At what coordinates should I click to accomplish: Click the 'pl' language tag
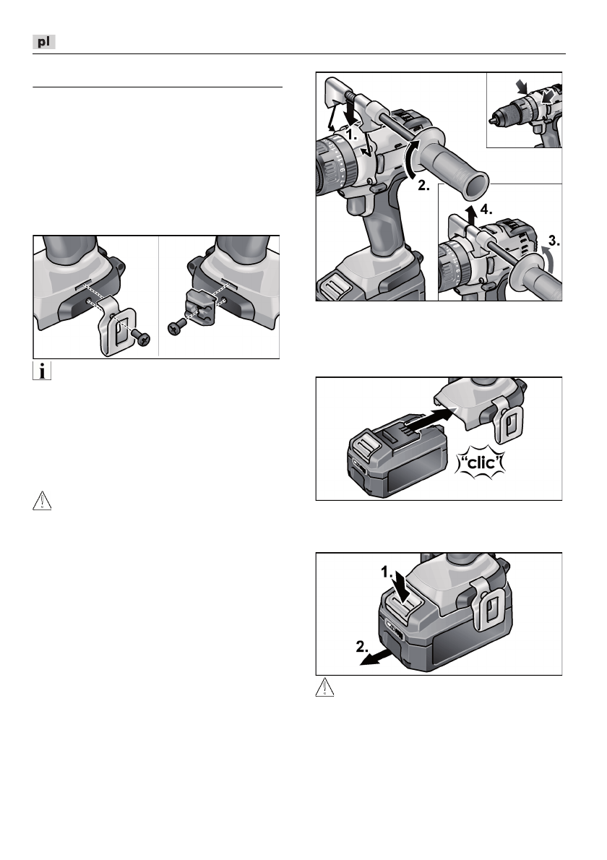(44, 42)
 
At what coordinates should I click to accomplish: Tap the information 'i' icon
(42, 371)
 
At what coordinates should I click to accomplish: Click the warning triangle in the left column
(42, 502)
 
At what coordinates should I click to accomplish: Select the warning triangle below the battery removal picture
(325, 687)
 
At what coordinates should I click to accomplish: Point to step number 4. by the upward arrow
(486, 209)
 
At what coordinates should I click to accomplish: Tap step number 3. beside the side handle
(554, 240)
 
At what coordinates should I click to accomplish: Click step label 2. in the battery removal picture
(362, 647)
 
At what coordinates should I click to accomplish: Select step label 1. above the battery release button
(387, 572)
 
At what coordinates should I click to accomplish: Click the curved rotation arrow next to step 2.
(410, 158)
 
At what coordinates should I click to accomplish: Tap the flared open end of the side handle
(475, 186)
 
